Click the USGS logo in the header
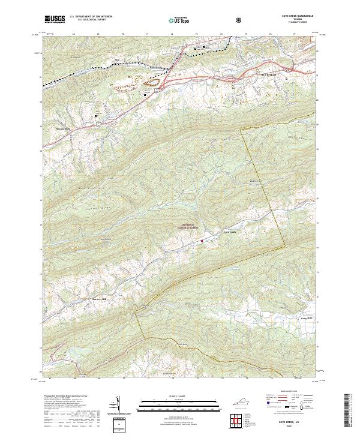tap(55, 20)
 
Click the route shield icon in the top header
tap(239, 20)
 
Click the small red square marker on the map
tap(202, 241)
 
